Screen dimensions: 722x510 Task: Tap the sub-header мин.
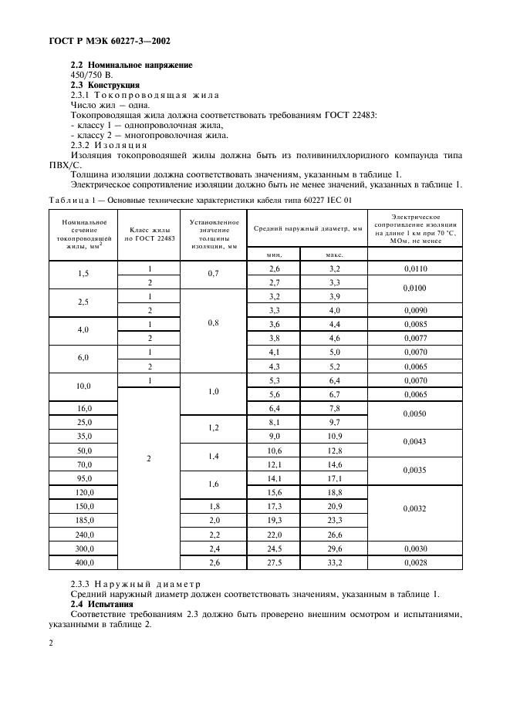point(274,255)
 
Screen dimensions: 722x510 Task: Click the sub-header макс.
point(334,255)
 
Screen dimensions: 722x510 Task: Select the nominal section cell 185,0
point(83,521)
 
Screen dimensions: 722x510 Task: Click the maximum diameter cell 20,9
point(334,506)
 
